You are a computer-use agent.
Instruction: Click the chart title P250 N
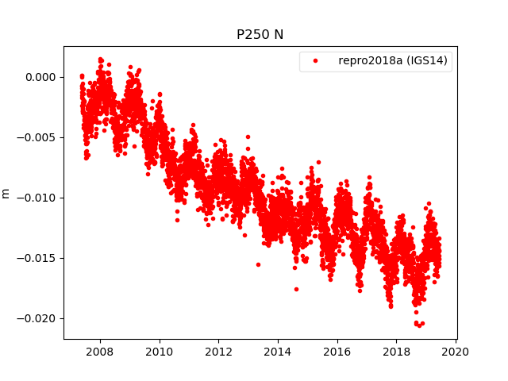(x=260, y=35)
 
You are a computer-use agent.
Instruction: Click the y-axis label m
(x=6, y=193)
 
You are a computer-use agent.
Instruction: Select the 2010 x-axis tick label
(x=160, y=352)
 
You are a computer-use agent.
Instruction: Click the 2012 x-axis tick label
(x=218, y=352)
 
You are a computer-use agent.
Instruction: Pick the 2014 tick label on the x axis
(x=278, y=352)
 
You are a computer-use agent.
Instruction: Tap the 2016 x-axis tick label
(x=337, y=352)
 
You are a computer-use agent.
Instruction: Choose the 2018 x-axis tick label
(x=397, y=352)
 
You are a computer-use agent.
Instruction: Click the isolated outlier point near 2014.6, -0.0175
(x=296, y=289)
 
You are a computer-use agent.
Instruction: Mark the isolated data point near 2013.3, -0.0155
(x=258, y=264)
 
